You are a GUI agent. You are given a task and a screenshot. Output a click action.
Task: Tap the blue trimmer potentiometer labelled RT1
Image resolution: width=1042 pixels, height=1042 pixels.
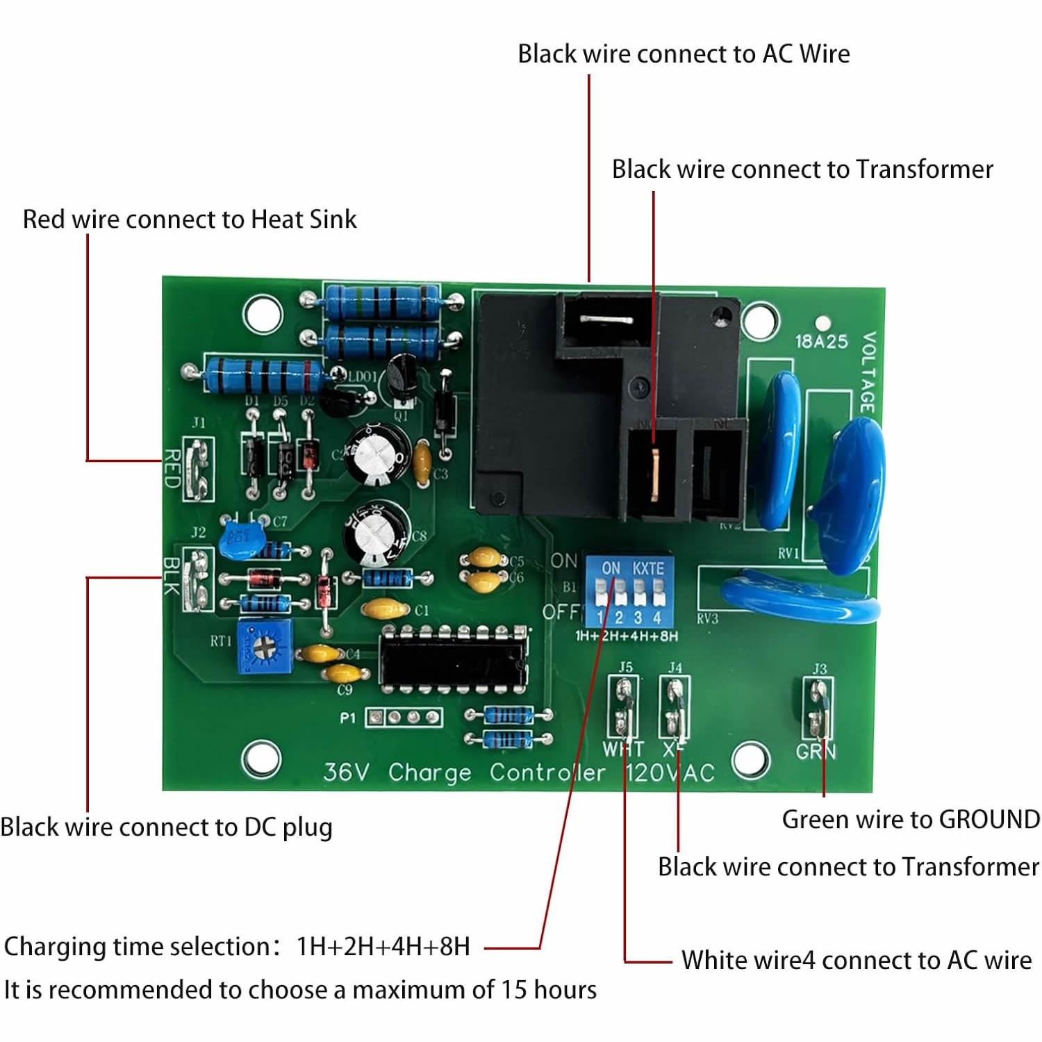264,647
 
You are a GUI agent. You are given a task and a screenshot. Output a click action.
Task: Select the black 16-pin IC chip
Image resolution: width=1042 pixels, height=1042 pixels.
454,661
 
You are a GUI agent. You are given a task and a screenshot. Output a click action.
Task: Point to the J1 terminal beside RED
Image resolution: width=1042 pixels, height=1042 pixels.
199,470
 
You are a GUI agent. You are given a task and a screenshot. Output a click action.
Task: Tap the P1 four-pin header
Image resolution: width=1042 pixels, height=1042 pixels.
404,717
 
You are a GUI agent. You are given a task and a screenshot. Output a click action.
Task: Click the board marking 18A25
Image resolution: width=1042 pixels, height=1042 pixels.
821,341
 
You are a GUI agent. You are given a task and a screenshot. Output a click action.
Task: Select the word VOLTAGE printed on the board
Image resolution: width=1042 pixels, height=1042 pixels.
868,372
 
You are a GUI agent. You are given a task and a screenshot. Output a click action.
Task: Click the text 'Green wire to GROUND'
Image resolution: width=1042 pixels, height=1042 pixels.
911,820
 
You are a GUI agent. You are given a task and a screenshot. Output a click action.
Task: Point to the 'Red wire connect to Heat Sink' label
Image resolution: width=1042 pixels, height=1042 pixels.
190,220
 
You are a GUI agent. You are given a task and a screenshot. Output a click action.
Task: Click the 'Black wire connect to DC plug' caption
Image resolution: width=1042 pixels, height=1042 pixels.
166,827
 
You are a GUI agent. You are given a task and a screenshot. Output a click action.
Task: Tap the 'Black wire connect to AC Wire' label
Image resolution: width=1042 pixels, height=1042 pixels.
684,54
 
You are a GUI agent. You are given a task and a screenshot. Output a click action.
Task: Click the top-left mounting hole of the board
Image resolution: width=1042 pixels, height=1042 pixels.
262,314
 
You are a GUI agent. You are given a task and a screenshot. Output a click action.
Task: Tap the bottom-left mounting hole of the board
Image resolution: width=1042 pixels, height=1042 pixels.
260,759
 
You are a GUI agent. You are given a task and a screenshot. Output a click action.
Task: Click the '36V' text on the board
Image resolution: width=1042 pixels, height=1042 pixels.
347,772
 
